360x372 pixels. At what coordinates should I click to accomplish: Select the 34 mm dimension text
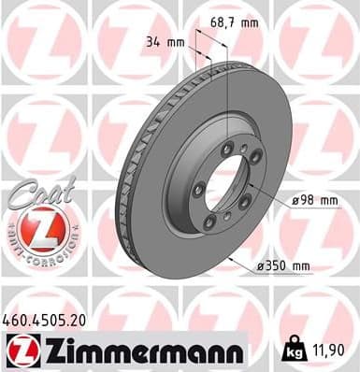point(163,41)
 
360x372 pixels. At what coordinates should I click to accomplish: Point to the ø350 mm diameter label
point(283,266)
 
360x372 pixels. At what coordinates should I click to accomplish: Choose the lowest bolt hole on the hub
point(226,220)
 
